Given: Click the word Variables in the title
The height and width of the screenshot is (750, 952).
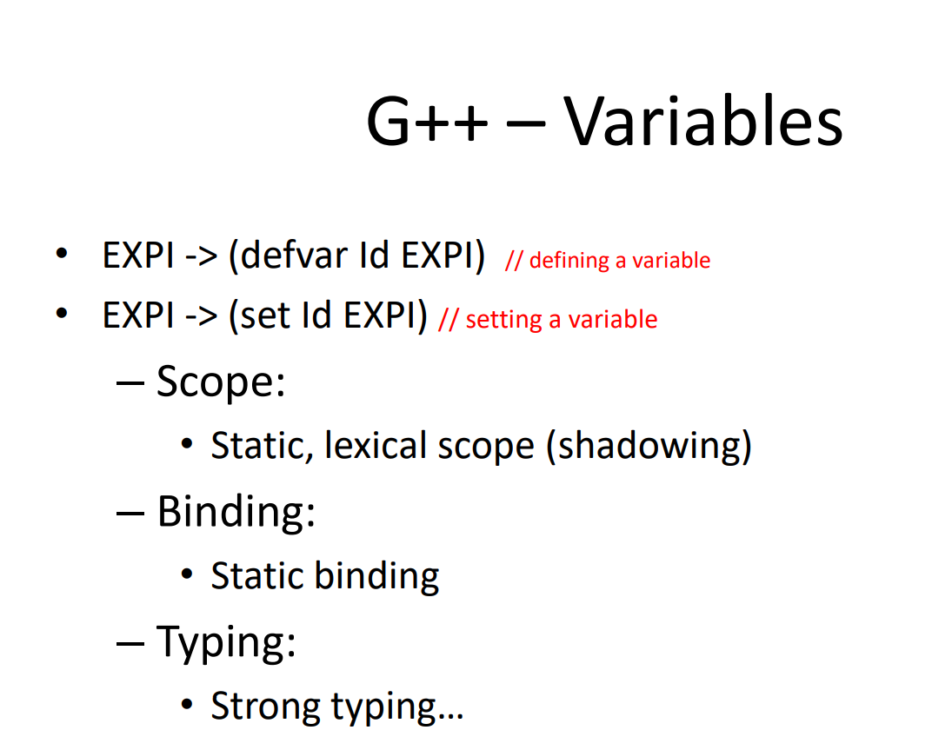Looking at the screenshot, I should click(703, 121).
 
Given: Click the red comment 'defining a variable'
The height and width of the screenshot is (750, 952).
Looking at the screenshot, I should click(619, 260).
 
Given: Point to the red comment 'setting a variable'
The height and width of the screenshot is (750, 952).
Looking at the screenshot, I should click(561, 320).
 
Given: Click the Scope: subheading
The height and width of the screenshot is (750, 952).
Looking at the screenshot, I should click(221, 382).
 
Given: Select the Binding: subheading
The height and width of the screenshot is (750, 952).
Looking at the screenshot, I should click(236, 511).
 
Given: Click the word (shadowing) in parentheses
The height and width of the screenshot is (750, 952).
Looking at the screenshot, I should click(649, 446).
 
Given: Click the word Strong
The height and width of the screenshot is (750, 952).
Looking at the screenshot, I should click(266, 706).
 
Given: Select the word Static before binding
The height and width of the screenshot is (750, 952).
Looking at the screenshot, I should click(257, 575).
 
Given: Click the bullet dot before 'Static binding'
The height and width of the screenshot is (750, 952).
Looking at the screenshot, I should click(187, 575).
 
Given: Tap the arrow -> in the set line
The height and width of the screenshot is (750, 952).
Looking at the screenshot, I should click(202, 316).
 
